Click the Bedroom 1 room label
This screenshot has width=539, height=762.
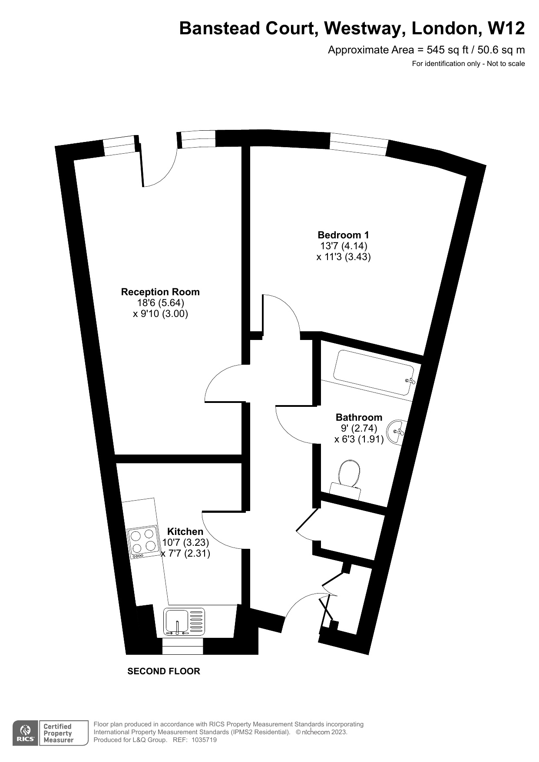point(343,235)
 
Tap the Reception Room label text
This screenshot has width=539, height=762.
point(160,292)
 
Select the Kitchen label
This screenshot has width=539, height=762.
point(185,531)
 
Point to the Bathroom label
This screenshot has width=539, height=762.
point(359,417)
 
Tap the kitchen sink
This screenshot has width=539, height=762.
point(184,622)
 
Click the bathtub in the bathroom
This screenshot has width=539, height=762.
point(374,373)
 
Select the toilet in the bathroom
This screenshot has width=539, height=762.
point(348,479)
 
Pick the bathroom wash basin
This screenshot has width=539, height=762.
point(396,432)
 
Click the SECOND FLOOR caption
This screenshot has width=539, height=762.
point(164,671)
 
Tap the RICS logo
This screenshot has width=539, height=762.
point(26,733)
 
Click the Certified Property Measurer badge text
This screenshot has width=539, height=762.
point(58,733)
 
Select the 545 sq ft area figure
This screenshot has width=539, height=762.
point(448,50)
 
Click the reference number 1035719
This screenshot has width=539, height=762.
point(204,740)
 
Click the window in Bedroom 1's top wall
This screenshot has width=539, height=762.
point(358,144)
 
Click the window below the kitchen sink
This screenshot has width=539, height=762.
point(182,646)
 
